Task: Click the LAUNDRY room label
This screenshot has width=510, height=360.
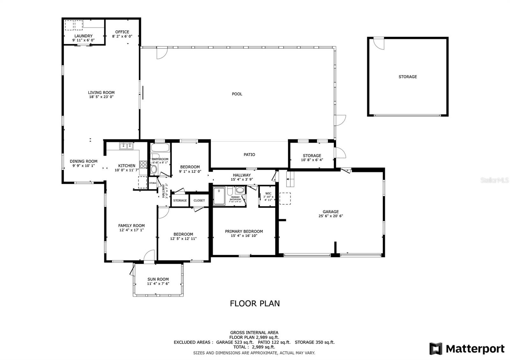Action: point(84,36)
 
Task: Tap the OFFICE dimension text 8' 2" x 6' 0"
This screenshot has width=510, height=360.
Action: point(122,36)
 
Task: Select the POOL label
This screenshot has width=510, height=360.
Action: point(237,94)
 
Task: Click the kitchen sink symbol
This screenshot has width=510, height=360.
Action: point(126,146)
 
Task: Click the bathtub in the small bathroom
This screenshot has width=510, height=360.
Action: point(160,148)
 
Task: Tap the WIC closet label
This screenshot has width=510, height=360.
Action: point(268,193)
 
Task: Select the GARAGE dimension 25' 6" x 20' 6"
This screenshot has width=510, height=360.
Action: point(331,216)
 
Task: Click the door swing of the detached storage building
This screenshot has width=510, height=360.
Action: point(379,44)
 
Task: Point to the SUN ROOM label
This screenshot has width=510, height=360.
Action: point(158,279)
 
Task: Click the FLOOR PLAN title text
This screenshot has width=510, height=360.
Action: point(255,303)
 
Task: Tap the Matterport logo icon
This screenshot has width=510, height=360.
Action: point(436,349)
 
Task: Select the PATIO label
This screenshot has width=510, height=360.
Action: point(249,155)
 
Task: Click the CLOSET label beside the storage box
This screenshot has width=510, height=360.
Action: point(199,201)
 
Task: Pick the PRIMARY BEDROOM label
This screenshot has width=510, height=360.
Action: point(244,231)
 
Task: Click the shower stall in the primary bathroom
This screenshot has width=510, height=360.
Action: point(219,196)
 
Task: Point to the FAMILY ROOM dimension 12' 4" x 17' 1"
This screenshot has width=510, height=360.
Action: point(131,230)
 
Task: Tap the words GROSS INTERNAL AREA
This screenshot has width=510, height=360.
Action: point(254,333)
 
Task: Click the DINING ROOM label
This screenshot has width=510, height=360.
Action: point(84,161)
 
